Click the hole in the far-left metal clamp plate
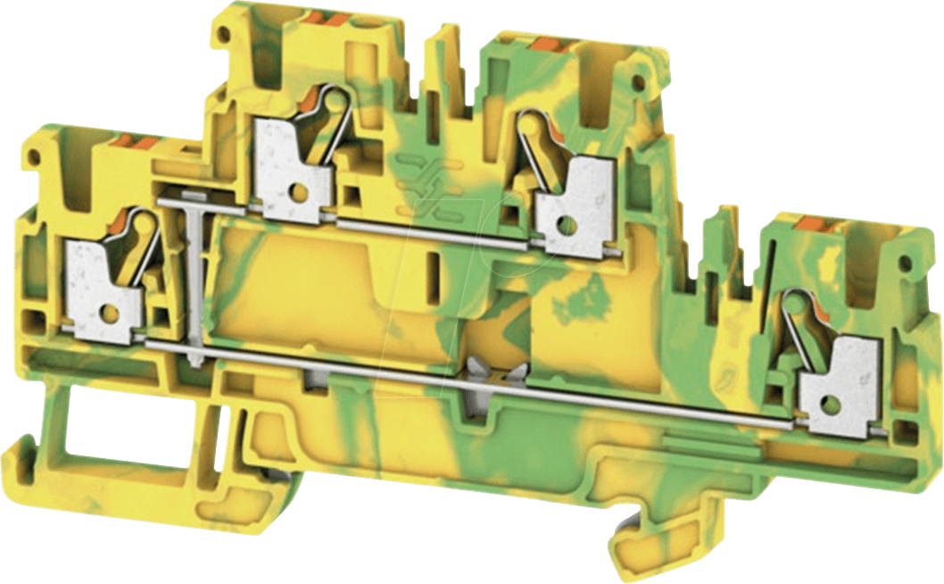(x=110, y=312)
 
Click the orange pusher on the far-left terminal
(x=136, y=140)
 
